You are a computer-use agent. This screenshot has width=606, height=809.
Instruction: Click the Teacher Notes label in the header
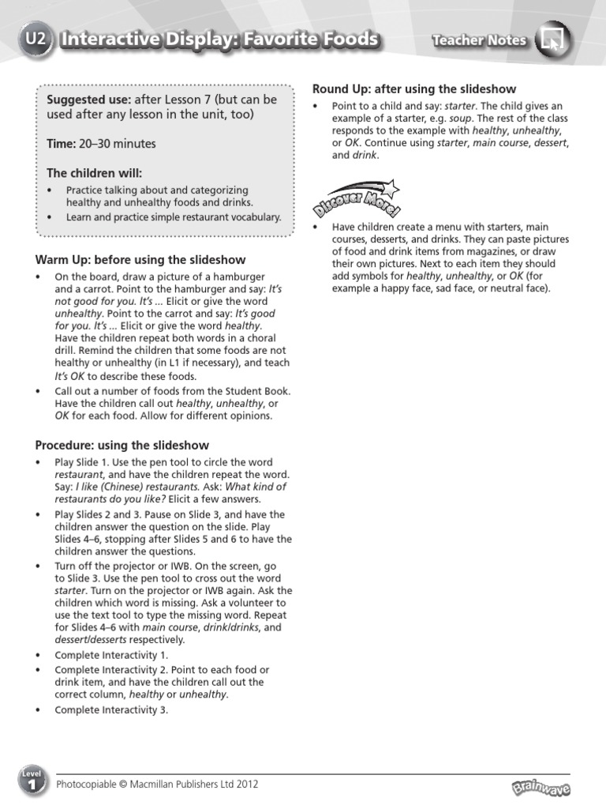tap(479, 40)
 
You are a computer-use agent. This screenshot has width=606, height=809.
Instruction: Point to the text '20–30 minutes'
tap(118, 144)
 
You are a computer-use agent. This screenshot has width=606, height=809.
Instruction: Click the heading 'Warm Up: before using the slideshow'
tap(140, 260)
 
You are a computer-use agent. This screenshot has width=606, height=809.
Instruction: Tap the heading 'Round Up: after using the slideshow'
tap(414, 89)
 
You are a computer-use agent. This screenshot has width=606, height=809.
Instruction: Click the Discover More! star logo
tap(356, 199)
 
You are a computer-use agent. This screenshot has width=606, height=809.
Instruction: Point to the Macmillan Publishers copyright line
tap(157, 785)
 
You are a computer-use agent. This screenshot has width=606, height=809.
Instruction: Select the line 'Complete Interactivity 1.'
tap(111, 655)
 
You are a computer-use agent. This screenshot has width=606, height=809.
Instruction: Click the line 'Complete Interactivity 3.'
tap(111, 709)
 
